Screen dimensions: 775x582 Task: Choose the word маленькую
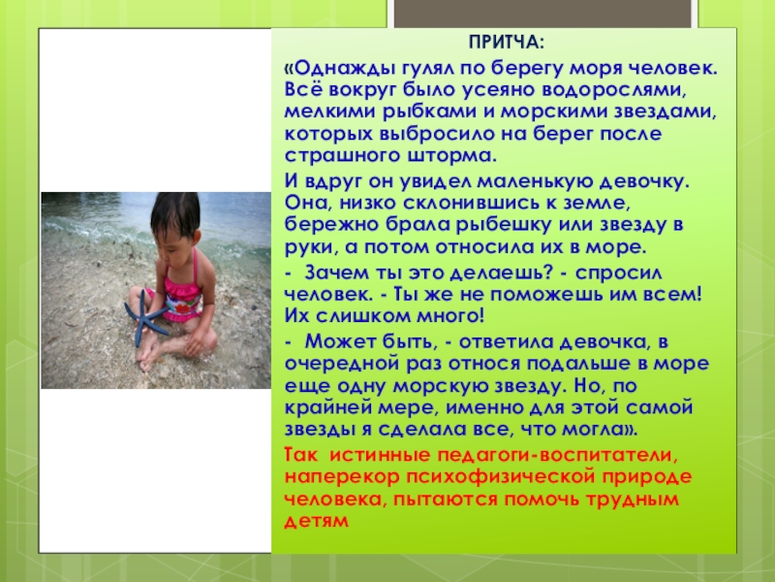pyautogui.click(x=534, y=181)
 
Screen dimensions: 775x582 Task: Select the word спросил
pyautogui.click(x=618, y=274)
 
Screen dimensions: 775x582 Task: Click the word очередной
pyautogui.click(x=342, y=364)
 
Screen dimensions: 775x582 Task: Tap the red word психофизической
pyautogui.click(x=500, y=477)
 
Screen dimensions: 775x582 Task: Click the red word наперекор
pyautogui.click(x=342, y=477)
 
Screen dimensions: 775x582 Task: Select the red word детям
pyautogui.click(x=317, y=521)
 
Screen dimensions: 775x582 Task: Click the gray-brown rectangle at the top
pyautogui.click(x=542, y=14)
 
